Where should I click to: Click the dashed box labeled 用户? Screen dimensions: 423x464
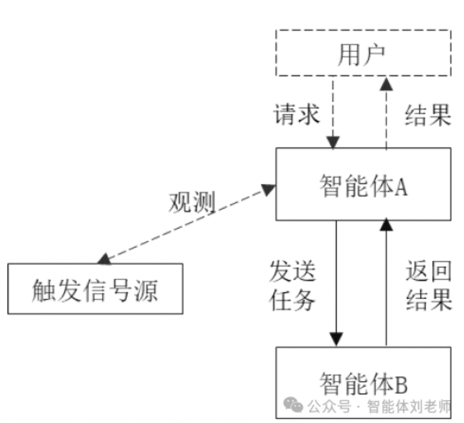pyautogui.click(x=362, y=53)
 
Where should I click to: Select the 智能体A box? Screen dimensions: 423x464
pyautogui.click(x=362, y=184)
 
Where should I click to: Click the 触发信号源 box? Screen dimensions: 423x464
pyautogui.click(x=95, y=289)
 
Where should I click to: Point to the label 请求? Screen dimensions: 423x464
pyautogui.click(x=297, y=115)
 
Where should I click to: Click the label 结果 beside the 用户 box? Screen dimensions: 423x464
pyautogui.click(x=428, y=115)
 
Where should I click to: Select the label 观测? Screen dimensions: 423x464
pyautogui.click(x=192, y=202)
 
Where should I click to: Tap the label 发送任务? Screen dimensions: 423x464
pyautogui.click(x=292, y=286)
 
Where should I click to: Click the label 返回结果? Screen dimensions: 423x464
pyautogui.click(x=428, y=286)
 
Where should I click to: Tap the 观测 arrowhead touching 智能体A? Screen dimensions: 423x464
pyautogui.click(x=269, y=187)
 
